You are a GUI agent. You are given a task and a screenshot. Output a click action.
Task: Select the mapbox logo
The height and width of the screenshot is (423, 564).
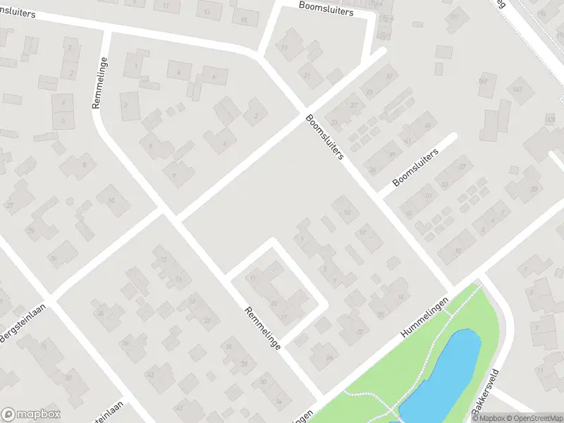coord(31,415)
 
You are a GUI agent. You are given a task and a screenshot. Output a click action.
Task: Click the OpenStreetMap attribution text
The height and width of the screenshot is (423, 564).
coord(535,418)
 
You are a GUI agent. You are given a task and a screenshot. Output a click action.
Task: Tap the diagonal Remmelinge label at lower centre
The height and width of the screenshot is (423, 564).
coord(263,328)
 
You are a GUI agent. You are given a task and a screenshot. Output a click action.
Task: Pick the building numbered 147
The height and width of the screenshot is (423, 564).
coord(519,90)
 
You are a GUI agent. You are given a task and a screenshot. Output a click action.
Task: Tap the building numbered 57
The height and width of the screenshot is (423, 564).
coord(462,166)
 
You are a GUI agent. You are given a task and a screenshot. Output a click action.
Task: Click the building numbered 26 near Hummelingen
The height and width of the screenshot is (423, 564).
coord(329,357)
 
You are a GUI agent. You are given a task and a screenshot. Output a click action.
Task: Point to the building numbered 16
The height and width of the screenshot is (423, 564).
coord(400,298)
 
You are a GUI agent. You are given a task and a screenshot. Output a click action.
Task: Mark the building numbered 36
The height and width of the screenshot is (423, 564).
coord(101,314)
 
